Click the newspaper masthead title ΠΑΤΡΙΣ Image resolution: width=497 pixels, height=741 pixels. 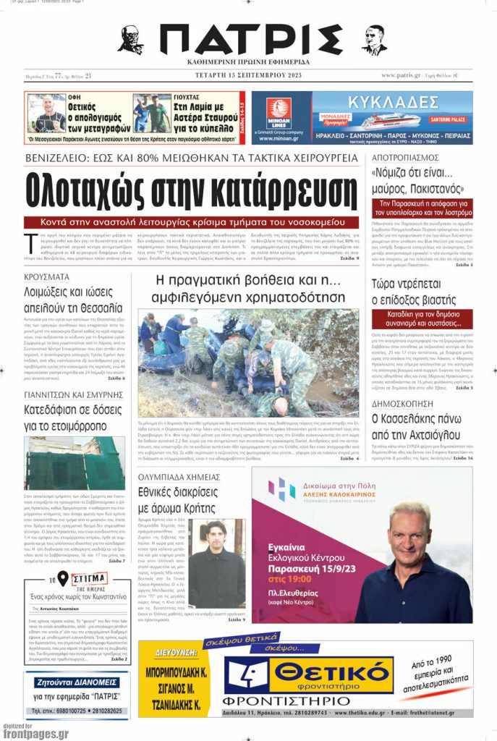[249, 40]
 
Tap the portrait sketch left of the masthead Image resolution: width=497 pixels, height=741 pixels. [130, 41]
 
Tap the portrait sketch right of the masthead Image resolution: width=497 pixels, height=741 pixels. [374, 41]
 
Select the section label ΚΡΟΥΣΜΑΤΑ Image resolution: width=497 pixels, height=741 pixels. [47, 277]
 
